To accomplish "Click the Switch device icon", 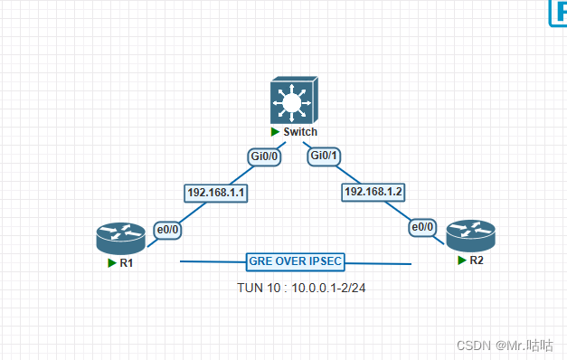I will click(295, 101).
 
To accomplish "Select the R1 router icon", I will click(120, 240).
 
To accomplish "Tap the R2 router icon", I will click(469, 237).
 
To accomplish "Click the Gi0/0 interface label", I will click(266, 156).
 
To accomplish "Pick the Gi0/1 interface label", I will click(325, 156).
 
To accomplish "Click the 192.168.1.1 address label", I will click(216, 193).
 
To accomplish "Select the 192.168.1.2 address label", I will click(373, 192).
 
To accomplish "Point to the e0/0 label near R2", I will click(423, 228).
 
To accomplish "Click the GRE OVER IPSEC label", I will click(295, 261).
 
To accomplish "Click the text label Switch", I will click(300, 132).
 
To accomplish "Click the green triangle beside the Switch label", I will click(275, 132).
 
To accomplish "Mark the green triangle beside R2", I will click(461, 260).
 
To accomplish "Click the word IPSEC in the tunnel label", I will click(325, 261).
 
